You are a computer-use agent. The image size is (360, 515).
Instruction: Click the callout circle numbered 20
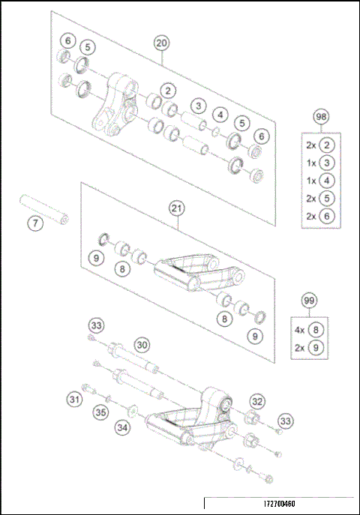click(x=161, y=43)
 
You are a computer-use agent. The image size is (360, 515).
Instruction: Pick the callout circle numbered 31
click(x=74, y=400)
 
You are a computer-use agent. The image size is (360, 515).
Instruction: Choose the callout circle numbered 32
click(x=257, y=401)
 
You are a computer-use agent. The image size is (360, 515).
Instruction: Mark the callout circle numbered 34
click(x=122, y=427)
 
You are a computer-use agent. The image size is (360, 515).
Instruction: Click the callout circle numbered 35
click(x=99, y=412)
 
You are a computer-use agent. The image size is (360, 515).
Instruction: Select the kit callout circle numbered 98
click(x=321, y=118)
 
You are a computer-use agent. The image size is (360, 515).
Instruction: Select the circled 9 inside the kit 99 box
click(x=315, y=348)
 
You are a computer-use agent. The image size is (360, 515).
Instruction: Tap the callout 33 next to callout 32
click(x=285, y=420)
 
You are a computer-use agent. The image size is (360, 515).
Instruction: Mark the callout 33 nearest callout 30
click(x=96, y=326)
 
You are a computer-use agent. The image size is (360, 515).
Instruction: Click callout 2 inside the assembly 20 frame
click(x=169, y=91)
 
